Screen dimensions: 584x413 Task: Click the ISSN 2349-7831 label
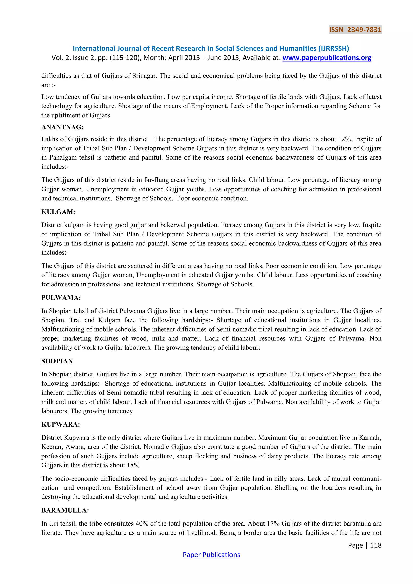(355, 30)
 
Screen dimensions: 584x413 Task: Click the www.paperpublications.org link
(327, 58)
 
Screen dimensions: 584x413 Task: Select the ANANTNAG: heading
(62, 127)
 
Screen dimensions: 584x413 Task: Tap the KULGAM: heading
(58, 212)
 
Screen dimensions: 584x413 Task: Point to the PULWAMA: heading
(61, 298)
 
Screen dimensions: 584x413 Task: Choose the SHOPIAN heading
(57, 361)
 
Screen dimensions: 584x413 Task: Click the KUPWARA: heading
(61, 424)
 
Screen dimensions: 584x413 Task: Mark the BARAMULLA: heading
(65, 510)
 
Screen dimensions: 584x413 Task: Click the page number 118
(376, 545)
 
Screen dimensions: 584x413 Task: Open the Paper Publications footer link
(211, 555)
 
